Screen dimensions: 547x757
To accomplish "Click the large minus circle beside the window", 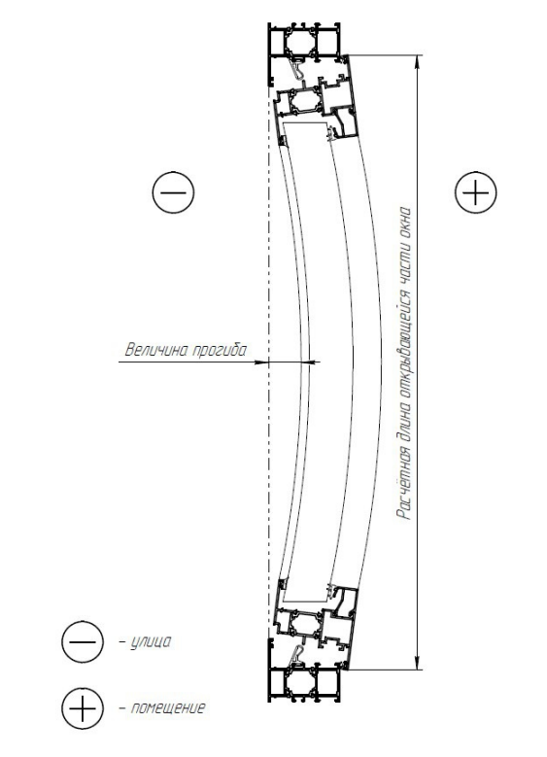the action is tap(173, 192).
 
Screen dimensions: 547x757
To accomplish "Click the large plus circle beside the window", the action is tap(475, 192).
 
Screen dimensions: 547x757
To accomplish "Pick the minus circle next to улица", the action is tap(83, 642).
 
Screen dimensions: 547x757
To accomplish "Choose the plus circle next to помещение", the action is tap(83, 708).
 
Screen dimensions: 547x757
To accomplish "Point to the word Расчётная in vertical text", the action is tap(404, 484).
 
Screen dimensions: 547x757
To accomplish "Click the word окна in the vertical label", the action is tap(403, 223).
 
